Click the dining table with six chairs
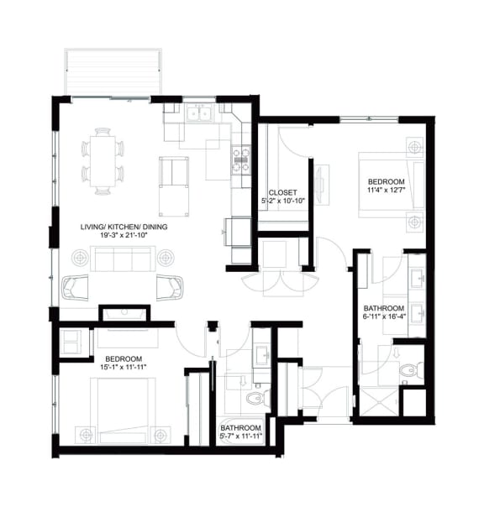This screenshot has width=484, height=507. tap(102, 160)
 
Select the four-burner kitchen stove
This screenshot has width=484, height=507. tap(240, 159)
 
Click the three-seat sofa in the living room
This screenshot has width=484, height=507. tap(123, 260)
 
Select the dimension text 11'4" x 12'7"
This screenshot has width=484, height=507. tap(387, 191)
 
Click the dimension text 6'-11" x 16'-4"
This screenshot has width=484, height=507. tap(384, 317)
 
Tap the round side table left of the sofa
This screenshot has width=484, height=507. tap(81, 257)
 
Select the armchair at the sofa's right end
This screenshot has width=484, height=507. tap(170, 286)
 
